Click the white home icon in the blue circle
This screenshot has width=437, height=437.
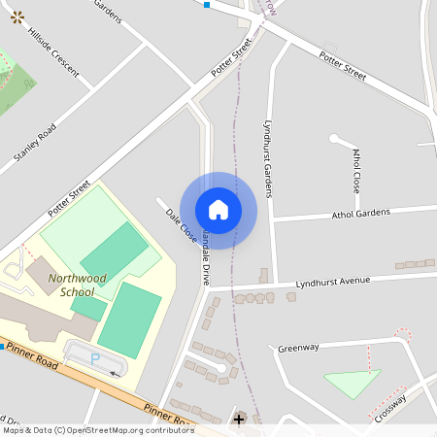[218, 210]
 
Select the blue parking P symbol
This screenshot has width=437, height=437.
[95, 358]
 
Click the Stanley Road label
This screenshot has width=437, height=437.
[35, 141]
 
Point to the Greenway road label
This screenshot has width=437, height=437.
[298, 348]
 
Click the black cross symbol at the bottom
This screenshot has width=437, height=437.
[239, 420]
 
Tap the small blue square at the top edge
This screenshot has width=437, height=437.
[207, 4]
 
